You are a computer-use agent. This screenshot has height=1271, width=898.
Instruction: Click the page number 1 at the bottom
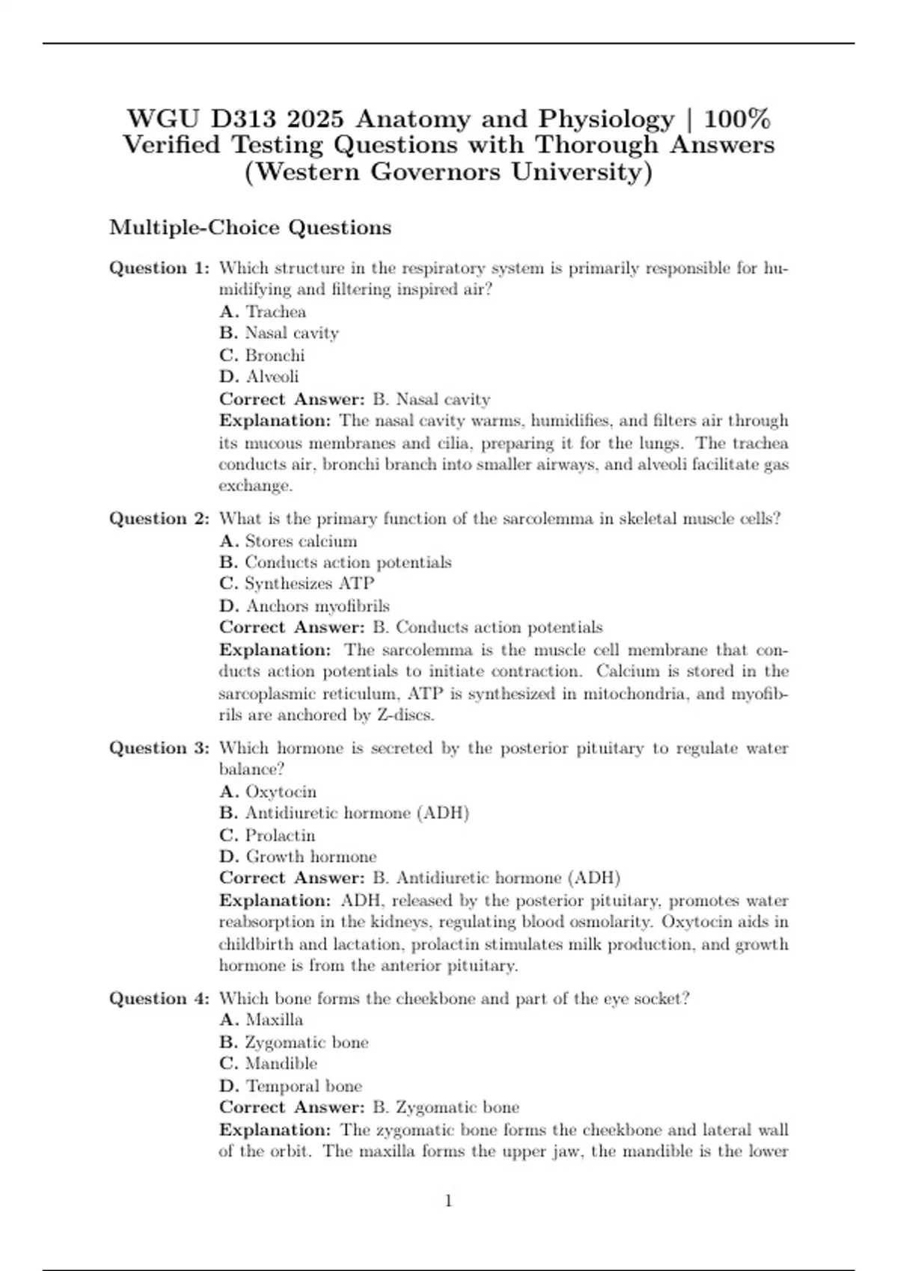[448, 1201]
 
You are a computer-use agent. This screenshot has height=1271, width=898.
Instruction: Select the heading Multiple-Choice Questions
[250, 227]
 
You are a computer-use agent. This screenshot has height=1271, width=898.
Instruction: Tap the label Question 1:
[159, 268]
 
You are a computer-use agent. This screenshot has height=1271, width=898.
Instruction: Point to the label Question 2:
[159, 519]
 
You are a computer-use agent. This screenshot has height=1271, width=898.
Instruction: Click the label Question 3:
[159, 748]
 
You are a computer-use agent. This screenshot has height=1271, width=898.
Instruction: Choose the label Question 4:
[159, 998]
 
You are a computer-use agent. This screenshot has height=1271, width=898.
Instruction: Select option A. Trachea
[263, 311]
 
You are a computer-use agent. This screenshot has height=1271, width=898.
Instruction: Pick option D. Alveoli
[259, 376]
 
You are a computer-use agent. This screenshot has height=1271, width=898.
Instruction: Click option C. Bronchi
[262, 355]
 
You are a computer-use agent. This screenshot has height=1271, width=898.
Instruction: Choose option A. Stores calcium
[288, 541]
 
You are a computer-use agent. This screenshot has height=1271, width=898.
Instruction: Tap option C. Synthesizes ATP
[296, 583]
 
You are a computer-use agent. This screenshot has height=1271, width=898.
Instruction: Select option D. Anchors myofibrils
[305, 606]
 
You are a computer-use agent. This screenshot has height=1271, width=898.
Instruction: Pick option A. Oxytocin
[268, 791]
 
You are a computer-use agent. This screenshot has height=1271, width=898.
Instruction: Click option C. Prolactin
[267, 835]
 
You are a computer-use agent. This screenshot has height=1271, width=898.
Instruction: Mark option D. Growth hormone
[298, 856]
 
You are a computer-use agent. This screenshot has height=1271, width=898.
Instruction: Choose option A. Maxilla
[261, 1020]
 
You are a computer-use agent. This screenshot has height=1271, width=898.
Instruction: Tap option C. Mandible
[268, 1063]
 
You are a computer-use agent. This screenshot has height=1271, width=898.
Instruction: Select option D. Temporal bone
[290, 1086]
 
